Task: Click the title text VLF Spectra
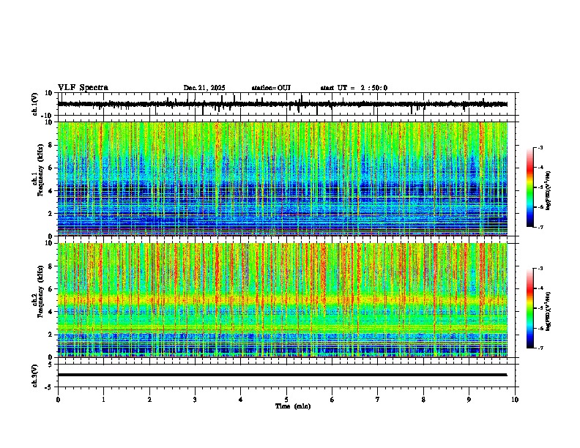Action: click(83, 88)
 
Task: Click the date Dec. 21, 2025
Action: click(204, 88)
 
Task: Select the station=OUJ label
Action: click(271, 88)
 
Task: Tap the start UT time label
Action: click(354, 88)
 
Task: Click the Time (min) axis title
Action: click(292, 406)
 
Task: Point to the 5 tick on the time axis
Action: click(286, 400)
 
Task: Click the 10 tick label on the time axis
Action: click(516, 400)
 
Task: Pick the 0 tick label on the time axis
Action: click(58, 400)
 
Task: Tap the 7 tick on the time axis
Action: click(378, 400)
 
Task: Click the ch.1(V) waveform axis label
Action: click(34, 104)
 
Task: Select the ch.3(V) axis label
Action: click(34, 374)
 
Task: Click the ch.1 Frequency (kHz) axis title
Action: click(38, 179)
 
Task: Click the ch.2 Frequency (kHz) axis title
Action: click(38, 299)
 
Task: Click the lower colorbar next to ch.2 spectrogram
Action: click(530, 307)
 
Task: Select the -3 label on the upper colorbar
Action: click(540, 148)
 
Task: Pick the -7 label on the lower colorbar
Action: click(540, 348)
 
